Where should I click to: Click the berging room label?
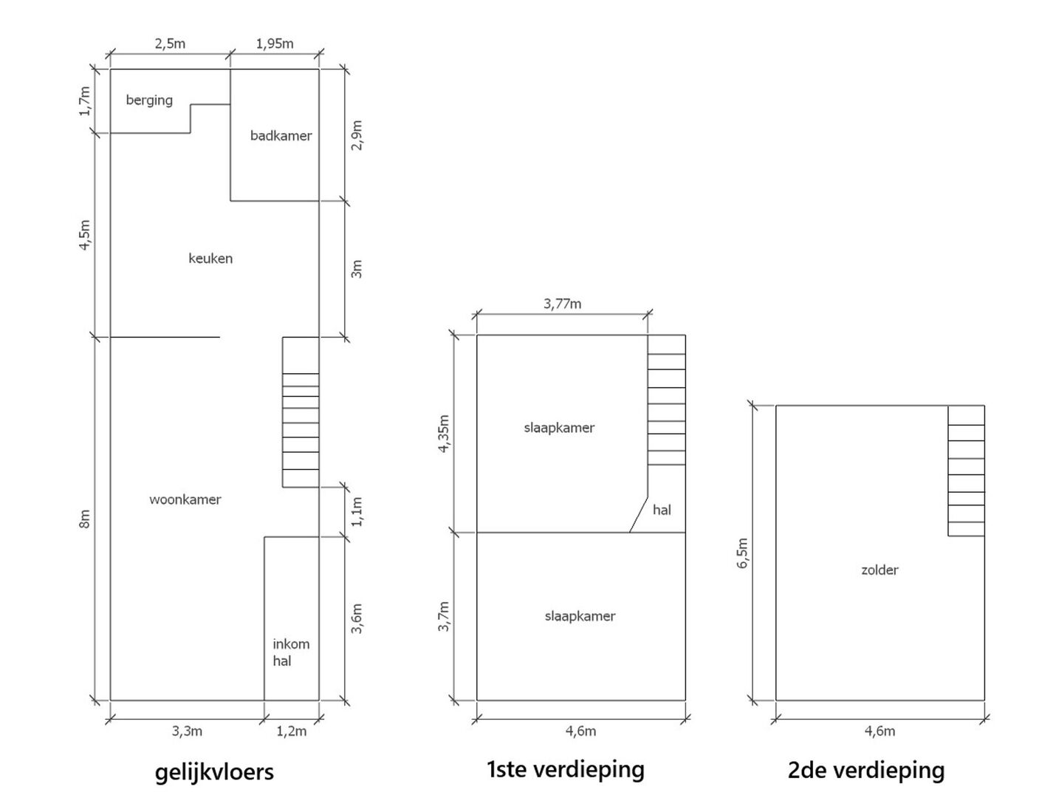[x=149, y=100]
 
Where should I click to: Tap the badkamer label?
[x=281, y=136]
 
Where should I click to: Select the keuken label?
[x=210, y=259]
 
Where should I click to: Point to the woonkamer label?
[x=185, y=499]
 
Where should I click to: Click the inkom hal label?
[x=291, y=652]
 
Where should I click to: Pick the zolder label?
[x=880, y=570]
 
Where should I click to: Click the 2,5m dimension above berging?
[x=170, y=44]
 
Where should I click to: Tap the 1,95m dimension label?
[x=275, y=44]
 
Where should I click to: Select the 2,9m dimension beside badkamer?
[x=357, y=135]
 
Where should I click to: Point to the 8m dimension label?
[x=84, y=519]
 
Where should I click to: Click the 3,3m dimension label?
[x=187, y=731]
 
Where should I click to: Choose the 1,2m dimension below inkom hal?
[x=292, y=731]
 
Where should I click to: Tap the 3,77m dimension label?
[x=563, y=304]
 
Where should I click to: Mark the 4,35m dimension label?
[x=443, y=434]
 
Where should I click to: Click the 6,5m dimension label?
[x=742, y=553]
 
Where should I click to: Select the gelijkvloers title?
[x=214, y=772]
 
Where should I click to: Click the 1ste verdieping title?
[x=566, y=769]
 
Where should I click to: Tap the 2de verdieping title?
[x=866, y=770]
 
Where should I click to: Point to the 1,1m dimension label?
[x=357, y=512]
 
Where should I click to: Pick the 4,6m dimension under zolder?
[x=880, y=731]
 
